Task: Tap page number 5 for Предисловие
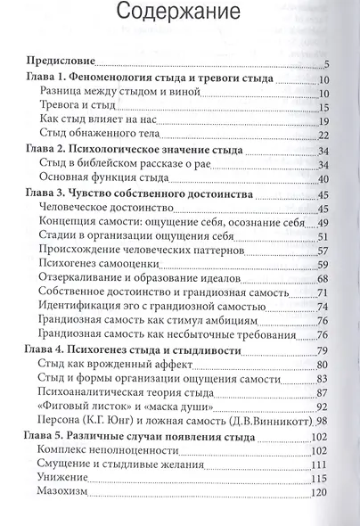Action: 327,64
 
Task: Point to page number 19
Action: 323,121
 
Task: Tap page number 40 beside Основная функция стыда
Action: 323,179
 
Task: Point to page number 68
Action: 323,280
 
